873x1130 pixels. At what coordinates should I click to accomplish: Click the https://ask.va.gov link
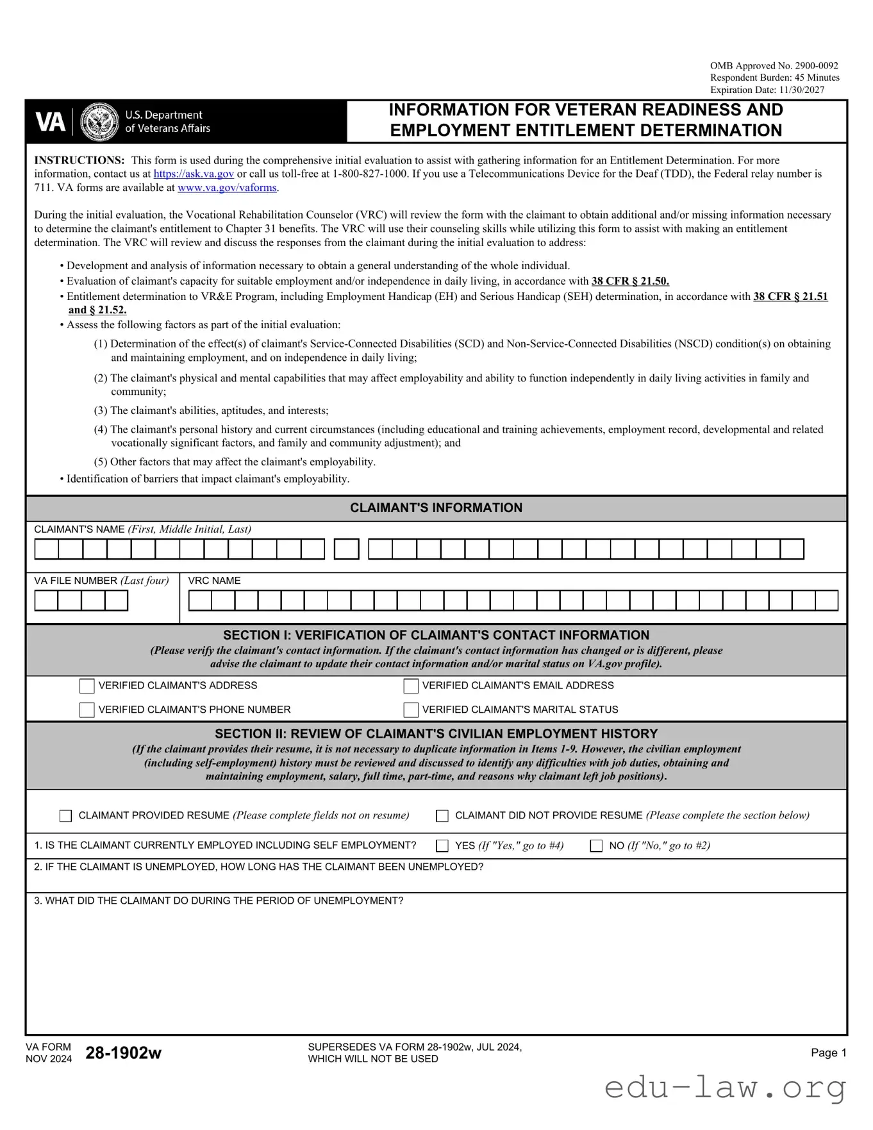[194, 174]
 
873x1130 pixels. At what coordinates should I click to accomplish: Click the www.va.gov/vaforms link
[227, 188]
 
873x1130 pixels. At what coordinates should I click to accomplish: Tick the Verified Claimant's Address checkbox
[87, 686]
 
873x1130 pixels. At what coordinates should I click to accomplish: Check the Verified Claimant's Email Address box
[411, 686]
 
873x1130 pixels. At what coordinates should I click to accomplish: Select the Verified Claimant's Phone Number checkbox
[87, 710]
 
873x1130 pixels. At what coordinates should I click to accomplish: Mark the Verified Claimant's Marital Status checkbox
[411, 710]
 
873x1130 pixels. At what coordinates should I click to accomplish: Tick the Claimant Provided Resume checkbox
[66, 816]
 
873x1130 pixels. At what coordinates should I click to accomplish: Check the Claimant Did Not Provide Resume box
[442, 816]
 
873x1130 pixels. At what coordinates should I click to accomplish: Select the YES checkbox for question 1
[442, 846]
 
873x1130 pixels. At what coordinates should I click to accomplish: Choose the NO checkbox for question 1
[596, 846]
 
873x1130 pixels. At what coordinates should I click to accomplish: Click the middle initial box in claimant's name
[347, 549]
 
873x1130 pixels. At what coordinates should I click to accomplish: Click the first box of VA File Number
[46, 601]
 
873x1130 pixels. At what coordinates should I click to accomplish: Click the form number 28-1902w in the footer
[124, 1052]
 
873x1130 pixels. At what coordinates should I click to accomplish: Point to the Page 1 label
[828, 1052]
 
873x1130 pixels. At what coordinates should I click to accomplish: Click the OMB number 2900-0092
[816, 66]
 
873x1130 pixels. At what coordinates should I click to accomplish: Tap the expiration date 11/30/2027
[802, 90]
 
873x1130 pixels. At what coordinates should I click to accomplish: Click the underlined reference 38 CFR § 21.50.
[630, 281]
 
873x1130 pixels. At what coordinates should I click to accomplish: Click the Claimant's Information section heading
[436, 508]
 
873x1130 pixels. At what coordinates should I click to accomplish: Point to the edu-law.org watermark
[725, 1088]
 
